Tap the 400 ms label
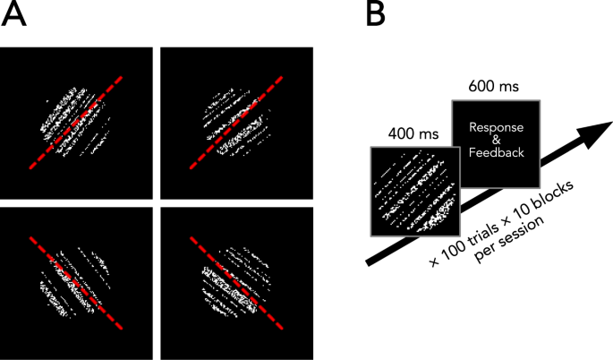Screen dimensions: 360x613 click(x=413, y=133)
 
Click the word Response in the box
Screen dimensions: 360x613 click(x=497, y=127)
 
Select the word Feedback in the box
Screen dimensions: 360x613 click(x=497, y=156)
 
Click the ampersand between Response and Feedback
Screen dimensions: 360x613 click(x=497, y=141)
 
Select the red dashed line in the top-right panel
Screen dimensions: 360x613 click(x=235, y=124)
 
